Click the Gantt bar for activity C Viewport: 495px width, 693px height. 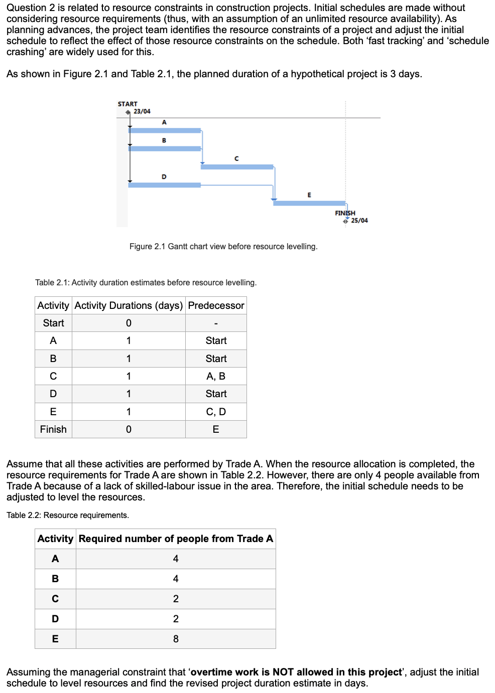pos(237,167)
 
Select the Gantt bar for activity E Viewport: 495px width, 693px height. pos(309,203)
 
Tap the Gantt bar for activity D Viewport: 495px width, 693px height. pos(165,185)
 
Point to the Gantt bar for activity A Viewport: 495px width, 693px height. pos(165,130)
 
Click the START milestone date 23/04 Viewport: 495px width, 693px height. pos(142,111)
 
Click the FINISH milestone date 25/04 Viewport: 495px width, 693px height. pos(359,221)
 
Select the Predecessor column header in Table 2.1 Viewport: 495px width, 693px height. pos(216,305)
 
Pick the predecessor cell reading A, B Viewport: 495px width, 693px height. pos(216,376)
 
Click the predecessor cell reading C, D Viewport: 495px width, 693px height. pos(216,412)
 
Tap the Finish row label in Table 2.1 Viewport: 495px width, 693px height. pos(53,429)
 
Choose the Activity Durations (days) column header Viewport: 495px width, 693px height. pos(129,305)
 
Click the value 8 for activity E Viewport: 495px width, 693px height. pos(176,639)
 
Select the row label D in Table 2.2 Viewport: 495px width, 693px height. pos(55,619)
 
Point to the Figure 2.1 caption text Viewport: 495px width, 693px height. pos(223,247)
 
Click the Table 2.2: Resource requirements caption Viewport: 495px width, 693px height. pos(68,515)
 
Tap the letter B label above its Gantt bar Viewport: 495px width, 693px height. pos(164,140)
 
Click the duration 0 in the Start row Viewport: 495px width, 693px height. pos(129,323)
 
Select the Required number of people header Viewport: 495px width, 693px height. pos(176,539)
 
